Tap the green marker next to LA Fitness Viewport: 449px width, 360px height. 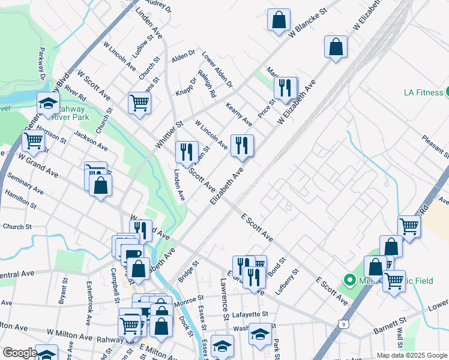coord(448,92)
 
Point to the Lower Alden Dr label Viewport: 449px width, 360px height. coord(217,69)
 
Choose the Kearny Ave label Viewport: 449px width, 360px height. coord(239,114)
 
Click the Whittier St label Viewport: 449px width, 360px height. coord(169,135)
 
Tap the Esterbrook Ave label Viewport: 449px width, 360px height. coord(89,303)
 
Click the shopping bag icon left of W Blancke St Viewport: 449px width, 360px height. coord(279,20)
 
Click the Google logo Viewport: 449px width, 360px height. coord(20,353)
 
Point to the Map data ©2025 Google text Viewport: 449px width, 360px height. coord(412,355)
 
